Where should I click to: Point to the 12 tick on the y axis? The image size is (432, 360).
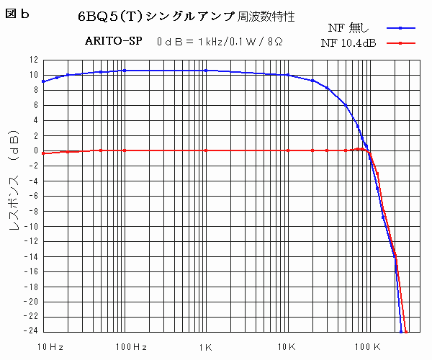pos(34,60)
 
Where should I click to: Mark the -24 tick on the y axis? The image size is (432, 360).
pos(32,332)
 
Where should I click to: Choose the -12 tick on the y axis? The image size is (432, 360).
pos(32,241)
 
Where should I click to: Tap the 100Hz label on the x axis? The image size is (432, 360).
pos(130,347)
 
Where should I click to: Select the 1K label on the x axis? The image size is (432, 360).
pos(207,347)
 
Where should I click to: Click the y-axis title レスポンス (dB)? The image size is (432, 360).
pos(14,194)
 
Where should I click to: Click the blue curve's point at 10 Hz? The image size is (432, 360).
pos(43,81)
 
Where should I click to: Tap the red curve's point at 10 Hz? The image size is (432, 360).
pos(43,153)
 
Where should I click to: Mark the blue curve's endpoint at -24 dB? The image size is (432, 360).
pos(401,332)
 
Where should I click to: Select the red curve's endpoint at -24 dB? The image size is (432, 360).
pos(407,332)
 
